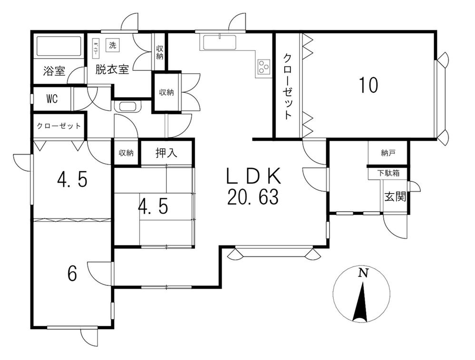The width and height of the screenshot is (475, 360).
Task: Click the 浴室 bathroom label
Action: tap(54, 71)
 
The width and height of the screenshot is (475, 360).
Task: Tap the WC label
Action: tap(52, 99)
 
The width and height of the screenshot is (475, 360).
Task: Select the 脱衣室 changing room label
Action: tap(112, 69)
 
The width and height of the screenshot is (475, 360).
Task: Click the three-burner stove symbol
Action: tap(263, 68)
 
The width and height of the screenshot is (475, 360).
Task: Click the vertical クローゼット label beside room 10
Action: tap(288, 86)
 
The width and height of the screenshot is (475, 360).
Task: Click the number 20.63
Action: tap(252, 197)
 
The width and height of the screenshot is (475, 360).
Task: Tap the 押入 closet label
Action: tap(166, 153)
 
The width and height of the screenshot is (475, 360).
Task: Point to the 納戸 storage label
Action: tap(388, 153)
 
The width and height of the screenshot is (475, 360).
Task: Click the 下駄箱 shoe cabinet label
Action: tap(388, 173)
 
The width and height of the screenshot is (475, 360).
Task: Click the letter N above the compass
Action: tap(363, 273)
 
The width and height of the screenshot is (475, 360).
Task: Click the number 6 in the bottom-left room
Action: tap(72, 273)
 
